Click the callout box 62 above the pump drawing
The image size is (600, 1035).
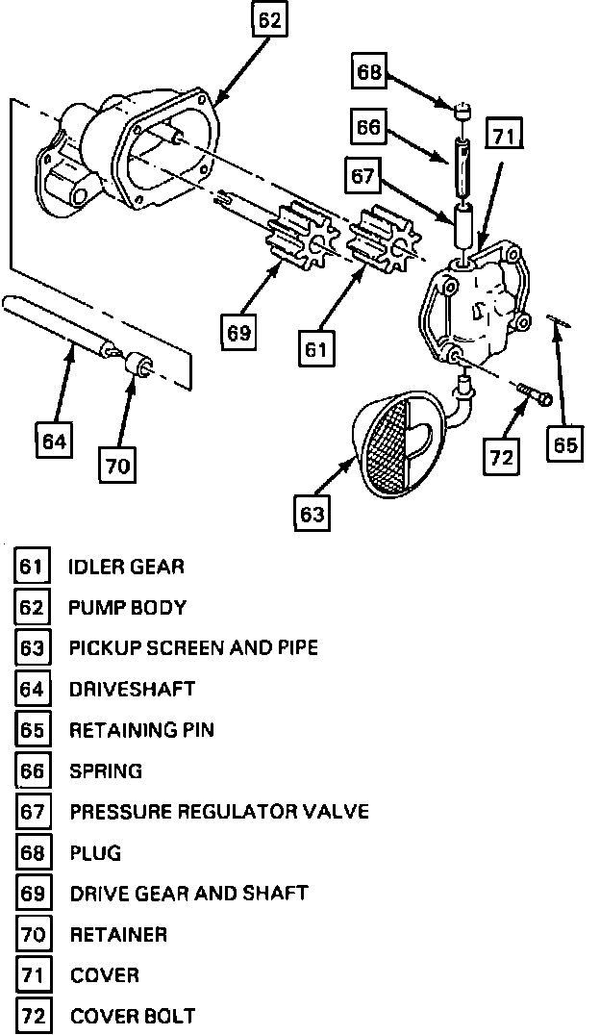[271, 20]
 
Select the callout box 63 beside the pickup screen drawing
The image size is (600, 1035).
[312, 514]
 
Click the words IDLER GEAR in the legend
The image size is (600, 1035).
[126, 567]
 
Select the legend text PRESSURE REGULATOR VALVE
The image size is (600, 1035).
[219, 812]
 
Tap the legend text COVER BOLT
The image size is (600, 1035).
[133, 1016]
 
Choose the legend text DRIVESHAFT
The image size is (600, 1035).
[132, 689]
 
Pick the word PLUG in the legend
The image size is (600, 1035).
[95, 853]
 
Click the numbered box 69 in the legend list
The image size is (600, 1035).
[33, 894]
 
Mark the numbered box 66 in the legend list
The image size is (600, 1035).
[33, 771]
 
